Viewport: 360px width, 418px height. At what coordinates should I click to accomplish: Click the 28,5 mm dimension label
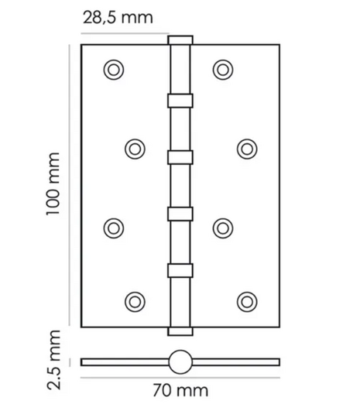(x=118, y=18)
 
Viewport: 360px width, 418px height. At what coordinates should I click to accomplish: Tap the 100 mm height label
(x=53, y=184)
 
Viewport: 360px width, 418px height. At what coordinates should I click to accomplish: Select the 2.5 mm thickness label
(x=54, y=360)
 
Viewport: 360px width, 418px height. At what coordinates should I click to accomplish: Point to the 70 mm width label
(x=180, y=391)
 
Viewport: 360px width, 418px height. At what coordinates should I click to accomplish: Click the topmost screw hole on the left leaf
(x=114, y=70)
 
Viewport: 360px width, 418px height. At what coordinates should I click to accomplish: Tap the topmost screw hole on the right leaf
(x=223, y=70)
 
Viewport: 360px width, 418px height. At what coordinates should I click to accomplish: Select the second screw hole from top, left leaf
(x=135, y=149)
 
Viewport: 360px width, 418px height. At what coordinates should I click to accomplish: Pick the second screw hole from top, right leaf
(x=247, y=149)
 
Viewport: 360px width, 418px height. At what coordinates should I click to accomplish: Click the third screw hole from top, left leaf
(x=114, y=228)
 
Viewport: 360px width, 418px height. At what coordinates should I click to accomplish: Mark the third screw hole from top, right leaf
(x=223, y=228)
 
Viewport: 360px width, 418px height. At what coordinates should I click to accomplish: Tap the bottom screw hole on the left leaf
(x=135, y=302)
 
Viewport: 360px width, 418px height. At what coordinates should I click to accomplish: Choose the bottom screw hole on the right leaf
(x=247, y=302)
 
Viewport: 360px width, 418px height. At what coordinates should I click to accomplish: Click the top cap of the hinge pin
(x=180, y=40)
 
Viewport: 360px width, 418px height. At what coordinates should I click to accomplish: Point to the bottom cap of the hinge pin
(x=180, y=331)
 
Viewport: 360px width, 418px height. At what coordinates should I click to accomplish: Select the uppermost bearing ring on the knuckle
(x=180, y=101)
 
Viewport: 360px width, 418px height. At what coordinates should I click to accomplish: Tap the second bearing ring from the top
(x=180, y=157)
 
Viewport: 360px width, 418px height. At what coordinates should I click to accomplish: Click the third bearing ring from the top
(x=180, y=214)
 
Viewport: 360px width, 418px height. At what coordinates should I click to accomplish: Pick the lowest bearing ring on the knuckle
(x=180, y=271)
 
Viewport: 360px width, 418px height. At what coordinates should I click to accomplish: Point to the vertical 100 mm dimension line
(x=70, y=185)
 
